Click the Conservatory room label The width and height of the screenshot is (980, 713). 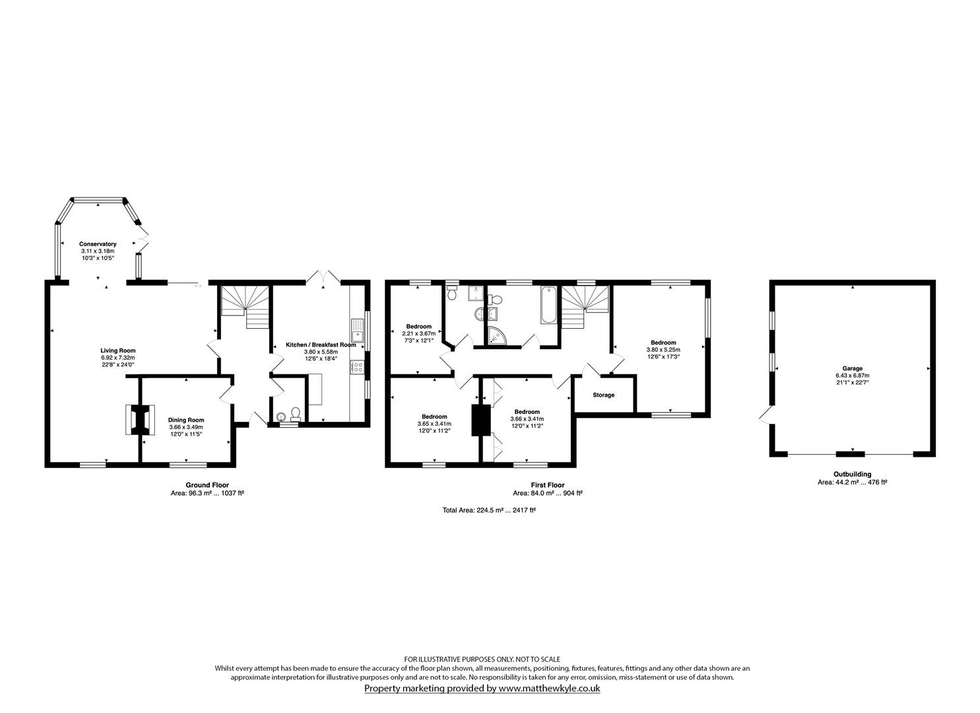(x=98, y=244)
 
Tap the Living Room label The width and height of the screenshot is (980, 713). (x=118, y=350)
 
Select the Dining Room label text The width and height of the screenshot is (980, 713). (x=186, y=420)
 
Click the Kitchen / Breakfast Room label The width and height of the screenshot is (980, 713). (x=321, y=345)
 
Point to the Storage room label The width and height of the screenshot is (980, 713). (x=603, y=395)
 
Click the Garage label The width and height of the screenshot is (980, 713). (x=852, y=368)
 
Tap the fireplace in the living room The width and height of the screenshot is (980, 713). (x=141, y=419)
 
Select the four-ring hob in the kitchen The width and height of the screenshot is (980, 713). (x=357, y=367)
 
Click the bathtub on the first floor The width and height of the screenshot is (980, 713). (x=548, y=304)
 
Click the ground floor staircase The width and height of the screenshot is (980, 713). (x=244, y=306)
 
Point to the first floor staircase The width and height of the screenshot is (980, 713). (x=585, y=306)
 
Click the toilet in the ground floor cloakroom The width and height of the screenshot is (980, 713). (x=296, y=414)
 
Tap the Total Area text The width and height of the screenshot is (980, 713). (x=489, y=510)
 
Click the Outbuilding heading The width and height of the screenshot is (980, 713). (x=852, y=474)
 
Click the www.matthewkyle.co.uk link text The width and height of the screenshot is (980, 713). (x=549, y=689)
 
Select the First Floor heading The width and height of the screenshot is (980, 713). (x=548, y=485)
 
